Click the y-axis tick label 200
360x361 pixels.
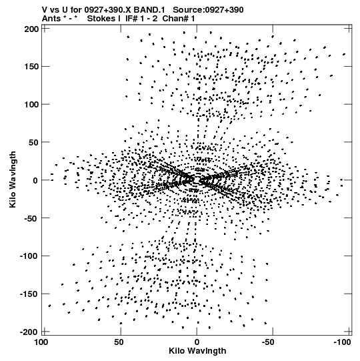click(31, 29)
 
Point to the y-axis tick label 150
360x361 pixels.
click(31, 67)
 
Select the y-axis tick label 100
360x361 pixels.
click(31, 105)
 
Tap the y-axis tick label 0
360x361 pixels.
click(35, 180)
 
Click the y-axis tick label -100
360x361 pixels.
click(29, 256)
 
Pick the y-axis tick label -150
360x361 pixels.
click(29, 294)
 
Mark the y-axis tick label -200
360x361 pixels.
click(29, 332)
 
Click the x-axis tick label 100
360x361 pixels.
click(41, 342)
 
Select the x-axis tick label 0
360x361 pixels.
click(197, 342)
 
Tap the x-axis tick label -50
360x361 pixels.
click(271, 342)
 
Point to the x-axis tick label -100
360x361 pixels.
click(343, 342)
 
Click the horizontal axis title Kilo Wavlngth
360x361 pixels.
click(197, 351)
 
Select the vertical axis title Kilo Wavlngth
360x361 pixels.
click(13, 179)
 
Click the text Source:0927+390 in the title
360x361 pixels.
click(208, 10)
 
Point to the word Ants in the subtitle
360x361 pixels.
click(51, 19)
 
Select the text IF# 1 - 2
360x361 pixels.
click(141, 19)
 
